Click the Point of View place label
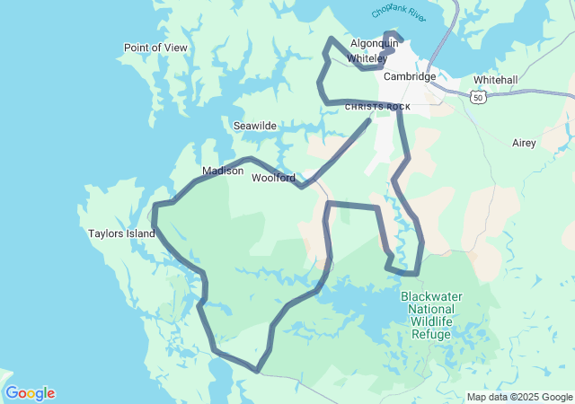coord(155,48)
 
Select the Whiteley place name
coord(367,58)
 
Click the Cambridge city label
coord(409,76)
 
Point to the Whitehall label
coord(495,80)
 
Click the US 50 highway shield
coord(476,97)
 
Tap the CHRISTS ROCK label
coord(377,107)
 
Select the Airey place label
coord(524,143)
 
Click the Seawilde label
coord(255,126)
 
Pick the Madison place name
coord(223,171)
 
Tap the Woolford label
coord(273,178)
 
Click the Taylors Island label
coord(121,233)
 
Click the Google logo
coord(30,393)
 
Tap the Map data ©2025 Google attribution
coord(518,397)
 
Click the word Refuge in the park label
coord(430,334)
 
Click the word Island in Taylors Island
coord(139,233)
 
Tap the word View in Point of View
coord(174,48)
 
